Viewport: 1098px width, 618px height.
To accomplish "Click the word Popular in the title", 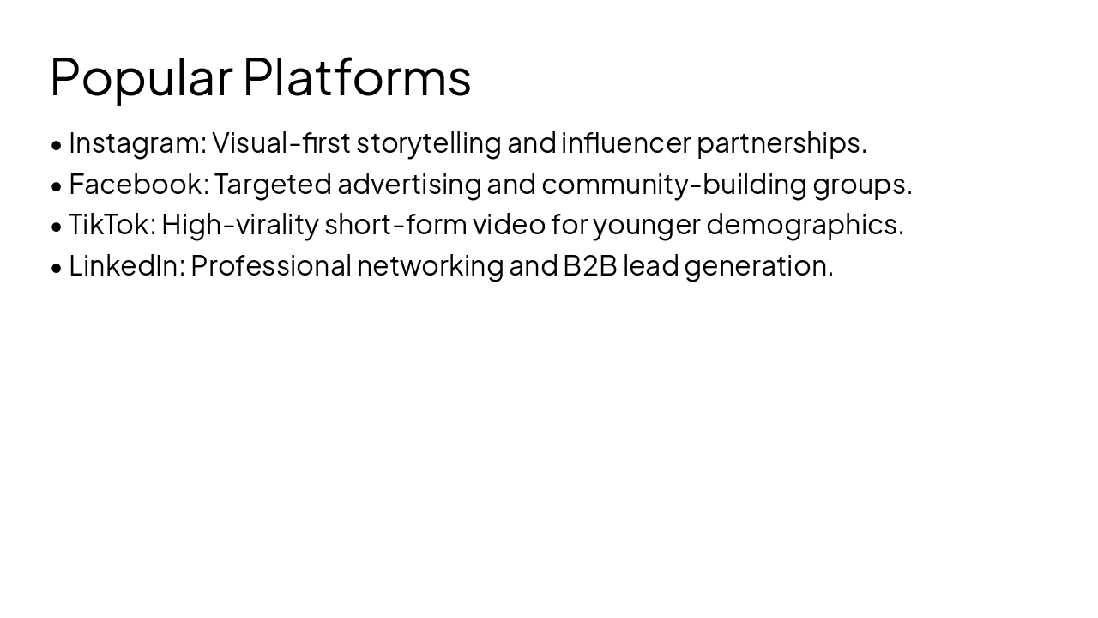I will [141, 77].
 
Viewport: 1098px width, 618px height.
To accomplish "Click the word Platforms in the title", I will [357, 77].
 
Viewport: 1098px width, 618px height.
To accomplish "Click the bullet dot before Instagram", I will [57, 145].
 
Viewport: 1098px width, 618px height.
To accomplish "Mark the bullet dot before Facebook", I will [57, 185].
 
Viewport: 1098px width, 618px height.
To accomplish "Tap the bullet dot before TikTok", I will [57, 227].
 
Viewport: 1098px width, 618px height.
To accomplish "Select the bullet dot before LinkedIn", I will [57, 268].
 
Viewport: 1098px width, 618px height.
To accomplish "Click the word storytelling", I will [428, 143].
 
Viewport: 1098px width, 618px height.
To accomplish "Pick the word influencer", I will [625, 143].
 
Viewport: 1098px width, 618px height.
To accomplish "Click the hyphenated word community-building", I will [674, 184].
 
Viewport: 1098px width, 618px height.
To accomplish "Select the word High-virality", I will [240, 225].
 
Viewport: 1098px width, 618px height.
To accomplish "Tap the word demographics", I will [805, 225].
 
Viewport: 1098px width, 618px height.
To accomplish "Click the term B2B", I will [589, 266].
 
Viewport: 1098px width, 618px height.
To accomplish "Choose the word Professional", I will [271, 266].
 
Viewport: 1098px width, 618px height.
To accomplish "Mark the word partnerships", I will [781, 143].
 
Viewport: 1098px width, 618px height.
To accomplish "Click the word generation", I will [758, 266].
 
